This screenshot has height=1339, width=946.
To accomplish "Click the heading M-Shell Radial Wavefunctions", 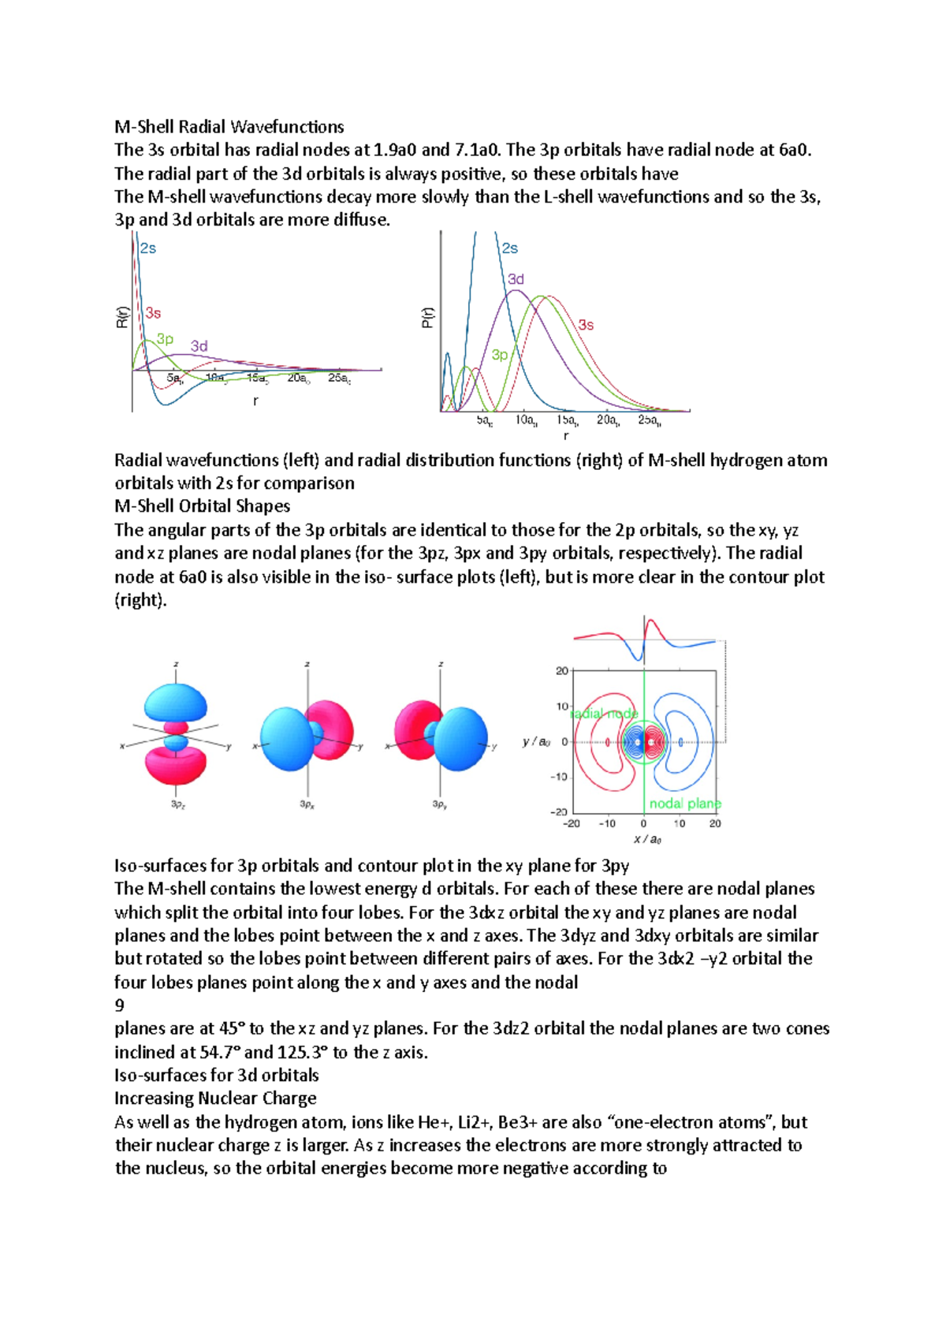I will [x=229, y=127].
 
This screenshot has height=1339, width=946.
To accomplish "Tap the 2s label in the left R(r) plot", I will [x=148, y=248].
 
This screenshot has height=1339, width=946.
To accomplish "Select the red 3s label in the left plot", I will [x=153, y=313].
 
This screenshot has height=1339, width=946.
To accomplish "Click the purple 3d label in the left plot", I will [x=199, y=346].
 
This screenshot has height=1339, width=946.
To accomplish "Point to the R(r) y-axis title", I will [x=122, y=317].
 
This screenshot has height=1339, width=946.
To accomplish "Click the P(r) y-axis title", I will [x=427, y=317].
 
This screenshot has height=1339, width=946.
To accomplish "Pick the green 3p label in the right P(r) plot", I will [x=500, y=355].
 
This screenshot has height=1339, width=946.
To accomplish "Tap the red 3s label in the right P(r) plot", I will [x=586, y=325].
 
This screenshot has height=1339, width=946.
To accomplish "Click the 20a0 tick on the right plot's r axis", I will [x=607, y=420].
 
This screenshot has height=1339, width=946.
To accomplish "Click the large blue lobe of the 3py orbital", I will [x=460, y=739].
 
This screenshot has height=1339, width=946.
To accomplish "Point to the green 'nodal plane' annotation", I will [x=684, y=804].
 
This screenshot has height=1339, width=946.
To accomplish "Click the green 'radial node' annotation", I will [x=604, y=714].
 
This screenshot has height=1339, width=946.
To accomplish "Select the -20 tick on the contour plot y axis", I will [x=559, y=811].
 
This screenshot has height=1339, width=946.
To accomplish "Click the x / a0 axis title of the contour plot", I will [x=647, y=839].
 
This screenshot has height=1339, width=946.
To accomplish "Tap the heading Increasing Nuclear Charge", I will [x=215, y=1098].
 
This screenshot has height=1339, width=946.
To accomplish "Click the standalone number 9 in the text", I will [x=120, y=1005].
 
